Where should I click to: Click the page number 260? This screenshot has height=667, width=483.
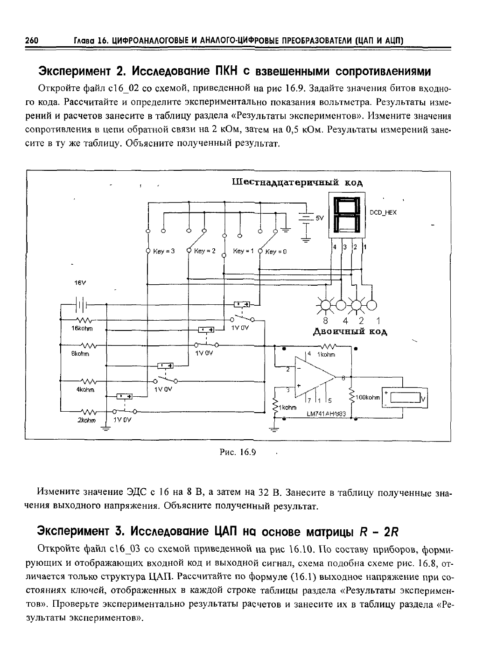(32, 41)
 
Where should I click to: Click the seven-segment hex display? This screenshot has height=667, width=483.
(347, 215)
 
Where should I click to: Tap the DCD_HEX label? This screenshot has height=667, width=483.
(383, 212)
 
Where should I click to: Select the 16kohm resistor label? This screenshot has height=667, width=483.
(82, 329)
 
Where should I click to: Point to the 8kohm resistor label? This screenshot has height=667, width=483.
(80, 354)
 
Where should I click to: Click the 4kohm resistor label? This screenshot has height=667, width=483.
(85, 389)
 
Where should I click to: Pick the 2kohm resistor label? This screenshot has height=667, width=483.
(86, 421)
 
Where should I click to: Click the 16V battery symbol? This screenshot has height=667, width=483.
(81, 305)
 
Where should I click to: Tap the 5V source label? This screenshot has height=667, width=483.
(320, 218)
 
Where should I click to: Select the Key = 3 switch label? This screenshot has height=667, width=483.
(164, 251)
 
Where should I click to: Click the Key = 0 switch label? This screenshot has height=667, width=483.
(276, 252)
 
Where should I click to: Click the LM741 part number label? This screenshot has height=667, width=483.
(326, 414)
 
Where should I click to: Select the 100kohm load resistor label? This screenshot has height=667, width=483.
(368, 397)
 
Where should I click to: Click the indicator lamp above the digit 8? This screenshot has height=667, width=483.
(325, 305)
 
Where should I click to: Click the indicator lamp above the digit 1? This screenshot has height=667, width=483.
(371, 305)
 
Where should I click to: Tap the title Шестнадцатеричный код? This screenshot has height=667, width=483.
(297, 182)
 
